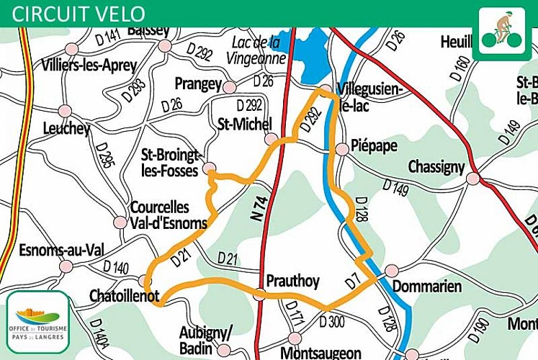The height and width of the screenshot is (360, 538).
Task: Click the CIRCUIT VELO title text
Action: coord(79,13)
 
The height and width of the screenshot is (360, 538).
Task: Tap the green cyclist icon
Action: coord(502,33)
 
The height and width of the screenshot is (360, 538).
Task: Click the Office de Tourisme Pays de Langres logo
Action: coord(37,320)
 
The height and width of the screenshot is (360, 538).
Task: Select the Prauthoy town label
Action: coord(292,280)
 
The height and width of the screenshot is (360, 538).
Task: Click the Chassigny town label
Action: coord(436,166)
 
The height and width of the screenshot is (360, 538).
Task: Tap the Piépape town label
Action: coord(374,146)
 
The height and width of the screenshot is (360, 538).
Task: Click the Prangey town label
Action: coord(197,84)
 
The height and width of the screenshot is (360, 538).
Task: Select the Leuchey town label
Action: coord(66,129)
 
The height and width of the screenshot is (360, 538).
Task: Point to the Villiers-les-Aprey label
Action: coord(89,65)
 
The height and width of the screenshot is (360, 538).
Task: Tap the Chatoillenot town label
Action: coord(124,296)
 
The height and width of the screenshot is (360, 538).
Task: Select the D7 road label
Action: coord(352,282)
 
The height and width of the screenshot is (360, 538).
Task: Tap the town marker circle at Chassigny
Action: coord(472,178)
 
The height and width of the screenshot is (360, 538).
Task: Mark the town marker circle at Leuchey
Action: coord(65,111)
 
